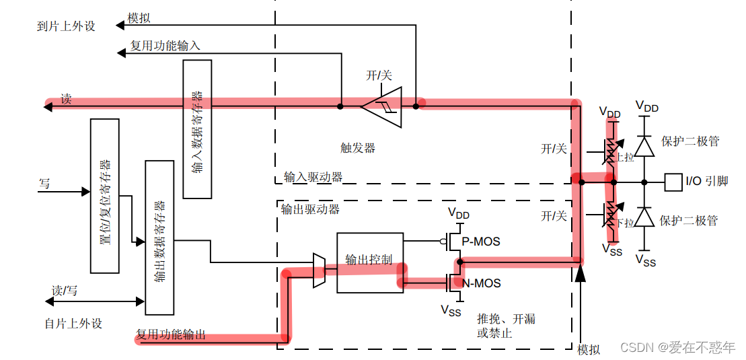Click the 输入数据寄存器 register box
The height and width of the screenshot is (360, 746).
click(x=197, y=129)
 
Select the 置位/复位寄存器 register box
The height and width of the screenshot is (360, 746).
click(x=104, y=196)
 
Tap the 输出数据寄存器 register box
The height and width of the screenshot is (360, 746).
click(x=159, y=238)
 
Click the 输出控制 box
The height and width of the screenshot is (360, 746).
click(x=369, y=262)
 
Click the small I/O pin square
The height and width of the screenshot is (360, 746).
click(x=672, y=182)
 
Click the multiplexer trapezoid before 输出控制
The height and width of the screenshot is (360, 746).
click(x=320, y=271)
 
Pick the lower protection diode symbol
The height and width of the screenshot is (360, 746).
click(x=644, y=217)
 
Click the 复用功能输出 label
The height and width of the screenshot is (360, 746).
click(x=171, y=334)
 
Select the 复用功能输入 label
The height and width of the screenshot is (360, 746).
click(x=165, y=46)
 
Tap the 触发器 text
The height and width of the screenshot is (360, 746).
click(x=358, y=148)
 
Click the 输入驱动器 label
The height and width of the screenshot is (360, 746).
click(x=313, y=177)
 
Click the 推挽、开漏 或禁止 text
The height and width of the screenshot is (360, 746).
click(x=506, y=326)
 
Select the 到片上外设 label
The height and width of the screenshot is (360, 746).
click(x=66, y=26)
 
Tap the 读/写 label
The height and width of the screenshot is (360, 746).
click(x=65, y=291)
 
